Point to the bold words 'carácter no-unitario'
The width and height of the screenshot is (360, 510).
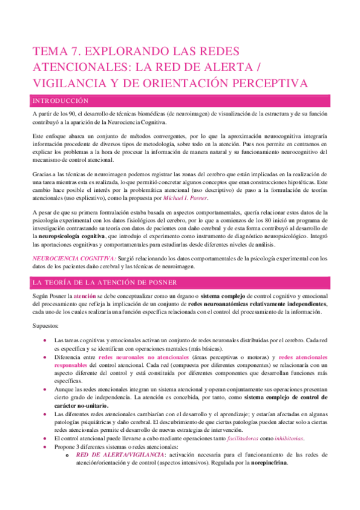84,406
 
